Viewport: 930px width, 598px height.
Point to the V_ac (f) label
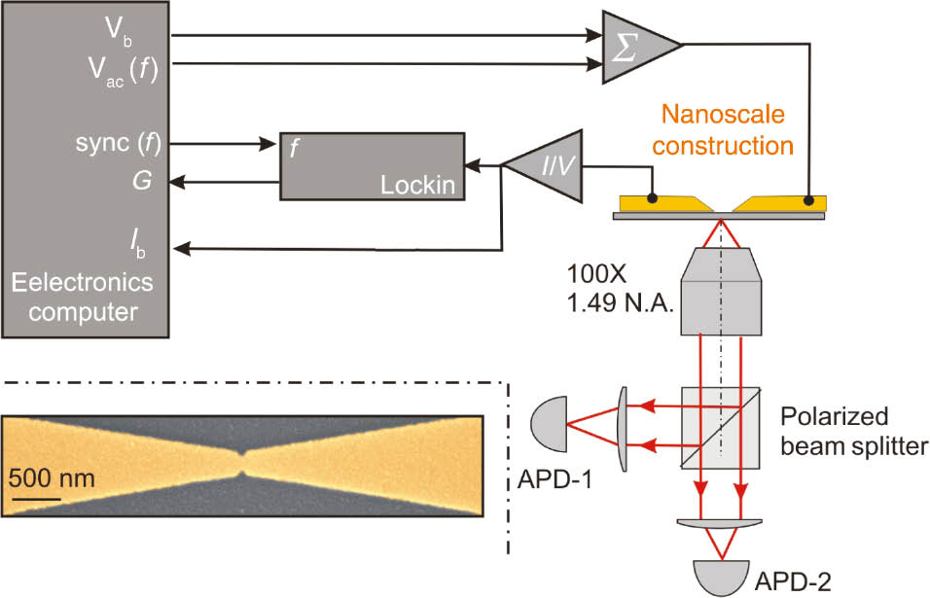(x=126, y=68)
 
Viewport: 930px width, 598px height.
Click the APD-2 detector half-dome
(x=721, y=576)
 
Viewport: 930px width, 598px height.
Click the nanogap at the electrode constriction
(x=241, y=463)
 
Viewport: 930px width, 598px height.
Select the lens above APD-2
(x=721, y=524)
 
